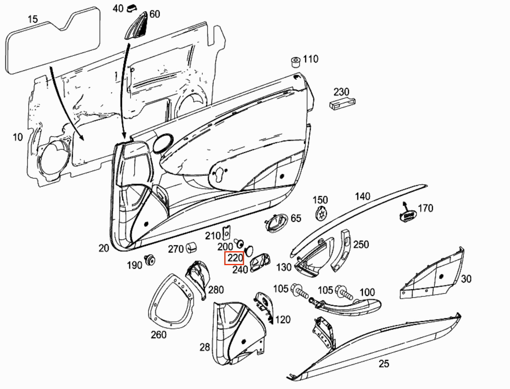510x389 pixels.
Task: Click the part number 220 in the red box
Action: (x=234, y=258)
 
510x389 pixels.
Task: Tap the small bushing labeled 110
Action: (x=295, y=62)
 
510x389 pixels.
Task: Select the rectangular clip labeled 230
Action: (x=342, y=103)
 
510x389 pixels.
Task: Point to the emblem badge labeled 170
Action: (x=408, y=216)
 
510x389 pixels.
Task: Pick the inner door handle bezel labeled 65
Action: (x=276, y=223)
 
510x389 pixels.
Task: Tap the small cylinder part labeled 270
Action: (x=191, y=248)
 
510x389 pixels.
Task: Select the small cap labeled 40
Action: (x=132, y=8)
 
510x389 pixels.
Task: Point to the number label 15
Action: (x=33, y=19)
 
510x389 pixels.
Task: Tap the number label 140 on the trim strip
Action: (x=362, y=197)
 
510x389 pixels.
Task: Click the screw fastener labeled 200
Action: (x=239, y=243)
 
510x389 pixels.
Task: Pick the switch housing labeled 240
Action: (x=260, y=263)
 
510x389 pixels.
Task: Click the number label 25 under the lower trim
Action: (x=384, y=364)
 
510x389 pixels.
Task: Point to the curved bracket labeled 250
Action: (x=342, y=250)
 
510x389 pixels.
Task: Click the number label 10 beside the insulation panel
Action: (x=18, y=137)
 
